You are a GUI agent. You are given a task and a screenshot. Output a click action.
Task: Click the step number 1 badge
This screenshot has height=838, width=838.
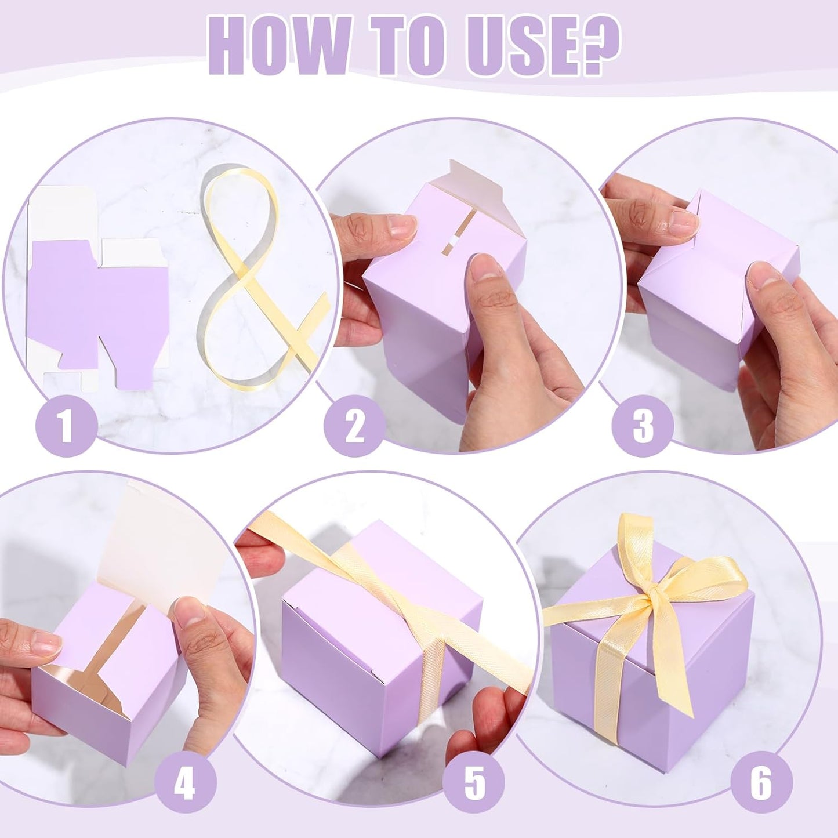pyautogui.click(x=66, y=425)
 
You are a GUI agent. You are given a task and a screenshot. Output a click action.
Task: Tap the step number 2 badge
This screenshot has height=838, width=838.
pyautogui.click(x=354, y=427)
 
